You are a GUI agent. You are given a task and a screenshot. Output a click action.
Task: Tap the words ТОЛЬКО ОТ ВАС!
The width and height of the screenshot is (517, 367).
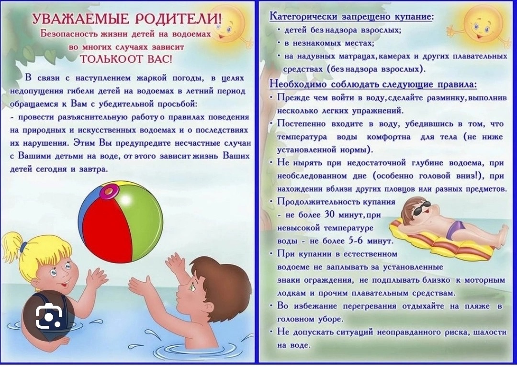point(126,59)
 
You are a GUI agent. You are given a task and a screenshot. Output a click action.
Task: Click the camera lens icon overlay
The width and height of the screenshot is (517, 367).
point(48,316)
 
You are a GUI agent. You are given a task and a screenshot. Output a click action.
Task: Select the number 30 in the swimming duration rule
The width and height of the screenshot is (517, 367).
point(329,215)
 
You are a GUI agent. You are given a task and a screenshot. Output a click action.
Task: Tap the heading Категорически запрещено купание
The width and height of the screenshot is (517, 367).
point(351,16)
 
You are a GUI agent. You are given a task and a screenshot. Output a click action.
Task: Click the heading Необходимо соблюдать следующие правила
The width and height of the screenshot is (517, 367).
point(373,84)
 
